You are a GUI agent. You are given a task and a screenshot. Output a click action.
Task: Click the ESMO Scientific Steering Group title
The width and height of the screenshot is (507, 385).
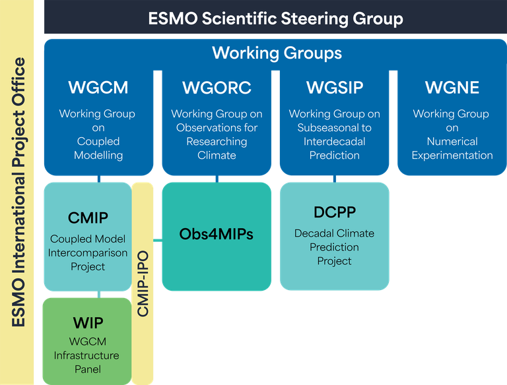click(x=275, y=18)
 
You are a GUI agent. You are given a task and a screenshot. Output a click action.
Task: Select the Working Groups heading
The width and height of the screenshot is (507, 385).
click(x=277, y=53)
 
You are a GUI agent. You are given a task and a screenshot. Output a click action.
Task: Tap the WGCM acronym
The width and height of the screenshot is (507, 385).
click(x=98, y=88)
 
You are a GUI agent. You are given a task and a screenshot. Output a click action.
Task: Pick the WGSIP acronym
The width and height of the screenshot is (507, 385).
click(x=334, y=88)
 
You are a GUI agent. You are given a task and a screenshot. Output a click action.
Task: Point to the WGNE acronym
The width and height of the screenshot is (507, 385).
click(x=452, y=88)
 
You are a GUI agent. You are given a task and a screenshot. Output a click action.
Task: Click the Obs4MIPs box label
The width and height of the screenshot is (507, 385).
click(x=217, y=234)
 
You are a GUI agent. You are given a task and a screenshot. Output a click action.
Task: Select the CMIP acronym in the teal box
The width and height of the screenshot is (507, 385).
click(x=88, y=218)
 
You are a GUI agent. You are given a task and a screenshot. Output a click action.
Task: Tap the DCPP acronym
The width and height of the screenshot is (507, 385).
click(x=334, y=212)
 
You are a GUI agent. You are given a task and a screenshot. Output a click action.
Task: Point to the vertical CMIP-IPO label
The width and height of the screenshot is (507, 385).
click(x=143, y=283)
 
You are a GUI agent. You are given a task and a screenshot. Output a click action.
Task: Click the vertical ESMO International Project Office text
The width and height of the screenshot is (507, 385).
click(x=19, y=192)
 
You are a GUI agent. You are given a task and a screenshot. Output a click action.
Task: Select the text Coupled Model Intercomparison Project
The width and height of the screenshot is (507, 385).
click(x=88, y=252)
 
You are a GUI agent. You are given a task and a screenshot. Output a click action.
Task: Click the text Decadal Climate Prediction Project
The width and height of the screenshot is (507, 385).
click(x=334, y=247)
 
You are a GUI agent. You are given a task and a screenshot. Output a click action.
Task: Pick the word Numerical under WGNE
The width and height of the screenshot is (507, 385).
click(x=452, y=142)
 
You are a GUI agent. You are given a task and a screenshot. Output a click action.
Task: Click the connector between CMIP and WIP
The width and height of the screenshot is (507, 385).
click(x=98, y=293)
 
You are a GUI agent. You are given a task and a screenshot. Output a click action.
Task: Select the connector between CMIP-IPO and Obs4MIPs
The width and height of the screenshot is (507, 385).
click(x=158, y=237)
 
